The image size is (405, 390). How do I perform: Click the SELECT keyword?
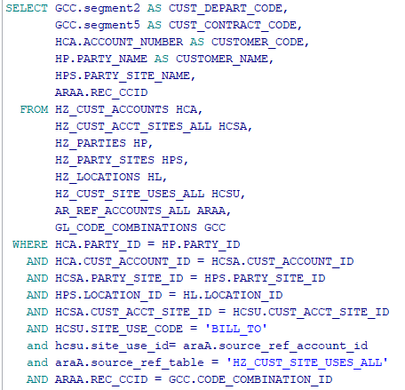(27, 8)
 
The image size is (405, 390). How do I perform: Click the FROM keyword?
(34, 109)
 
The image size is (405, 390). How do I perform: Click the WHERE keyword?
(30, 244)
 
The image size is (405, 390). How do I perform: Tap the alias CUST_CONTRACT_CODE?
(233, 25)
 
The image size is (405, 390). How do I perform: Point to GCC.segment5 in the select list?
(98, 25)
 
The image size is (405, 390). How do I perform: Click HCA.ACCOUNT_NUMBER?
(119, 42)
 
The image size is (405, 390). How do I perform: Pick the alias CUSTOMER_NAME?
(222, 59)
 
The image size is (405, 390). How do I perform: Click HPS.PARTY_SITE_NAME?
(123, 76)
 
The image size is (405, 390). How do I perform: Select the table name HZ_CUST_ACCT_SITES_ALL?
(133, 126)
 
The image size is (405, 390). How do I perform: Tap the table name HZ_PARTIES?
(91, 143)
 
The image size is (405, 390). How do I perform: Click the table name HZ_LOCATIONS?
(98, 177)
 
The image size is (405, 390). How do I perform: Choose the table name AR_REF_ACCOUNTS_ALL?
(123, 211)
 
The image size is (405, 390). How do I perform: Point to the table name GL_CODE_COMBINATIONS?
(126, 227)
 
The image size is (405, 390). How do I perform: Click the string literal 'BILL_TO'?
(236, 329)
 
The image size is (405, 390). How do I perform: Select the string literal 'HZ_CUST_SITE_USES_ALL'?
(307, 362)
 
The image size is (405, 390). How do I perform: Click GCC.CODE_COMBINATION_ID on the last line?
(250, 379)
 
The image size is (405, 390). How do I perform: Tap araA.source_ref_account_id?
(275, 346)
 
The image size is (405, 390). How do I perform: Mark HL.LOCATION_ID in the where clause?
(233, 295)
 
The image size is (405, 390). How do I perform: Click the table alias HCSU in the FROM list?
(226, 194)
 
